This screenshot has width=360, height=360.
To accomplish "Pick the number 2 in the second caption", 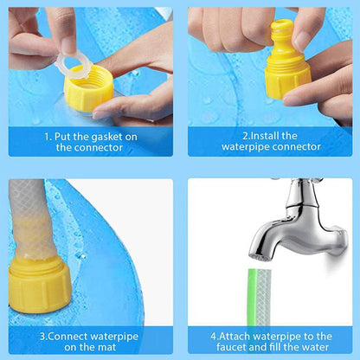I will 245,135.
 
